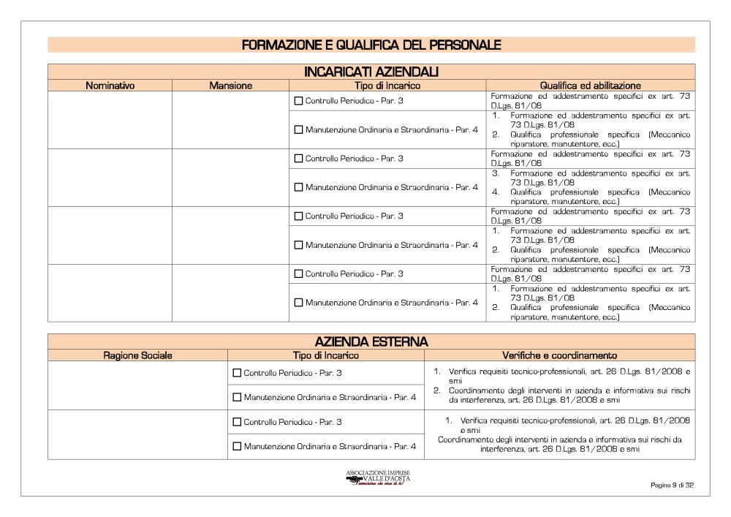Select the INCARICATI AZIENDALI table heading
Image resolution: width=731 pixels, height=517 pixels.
[371, 72]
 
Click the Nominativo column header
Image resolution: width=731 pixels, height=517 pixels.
[110, 86]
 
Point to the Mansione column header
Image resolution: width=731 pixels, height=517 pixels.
[230, 86]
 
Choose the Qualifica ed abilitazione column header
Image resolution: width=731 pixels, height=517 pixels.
[590, 86]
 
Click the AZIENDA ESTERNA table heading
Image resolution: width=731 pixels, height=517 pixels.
[371, 341]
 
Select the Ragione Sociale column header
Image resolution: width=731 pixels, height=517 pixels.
[137, 355]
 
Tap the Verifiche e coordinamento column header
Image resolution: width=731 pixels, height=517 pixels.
[559, 355]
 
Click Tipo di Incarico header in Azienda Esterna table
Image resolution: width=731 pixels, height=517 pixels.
[326, 355]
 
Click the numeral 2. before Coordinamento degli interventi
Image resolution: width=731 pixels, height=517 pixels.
[436, 390]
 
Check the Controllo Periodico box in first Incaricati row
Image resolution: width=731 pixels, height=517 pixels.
[298, 101]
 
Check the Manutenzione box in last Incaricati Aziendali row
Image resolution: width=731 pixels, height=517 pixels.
[298, 303]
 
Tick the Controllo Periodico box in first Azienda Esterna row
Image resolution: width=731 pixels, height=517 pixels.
[237, 373]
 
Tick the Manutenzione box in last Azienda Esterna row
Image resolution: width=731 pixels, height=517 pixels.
[237, 446]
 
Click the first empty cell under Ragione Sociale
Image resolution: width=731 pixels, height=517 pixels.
[137, 385]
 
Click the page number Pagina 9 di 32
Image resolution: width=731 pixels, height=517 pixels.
[671, 485]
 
